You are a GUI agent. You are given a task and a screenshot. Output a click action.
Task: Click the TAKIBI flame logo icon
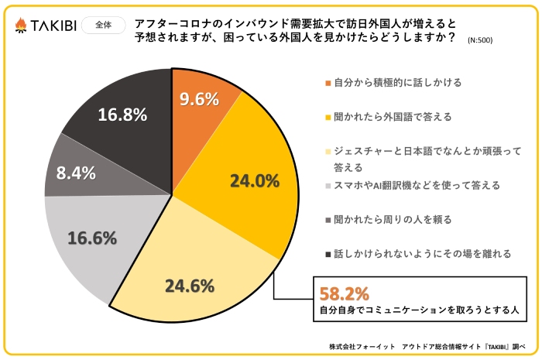click(x=20, y=26)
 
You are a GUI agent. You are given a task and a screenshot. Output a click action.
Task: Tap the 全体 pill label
click(x=103, y=25)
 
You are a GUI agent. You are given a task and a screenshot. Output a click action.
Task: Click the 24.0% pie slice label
click(x=254, y=181)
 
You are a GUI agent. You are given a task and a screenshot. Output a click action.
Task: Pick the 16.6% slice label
click(x=93, y=238)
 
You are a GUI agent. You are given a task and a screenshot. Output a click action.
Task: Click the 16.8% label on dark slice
click(x=122, y=115)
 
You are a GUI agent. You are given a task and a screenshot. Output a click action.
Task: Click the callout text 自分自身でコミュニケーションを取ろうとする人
click(x=419, y=310)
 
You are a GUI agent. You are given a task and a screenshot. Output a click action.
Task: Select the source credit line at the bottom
click(x=427, y=346)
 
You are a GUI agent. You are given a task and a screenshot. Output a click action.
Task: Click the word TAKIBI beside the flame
click(x=52, y=26)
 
